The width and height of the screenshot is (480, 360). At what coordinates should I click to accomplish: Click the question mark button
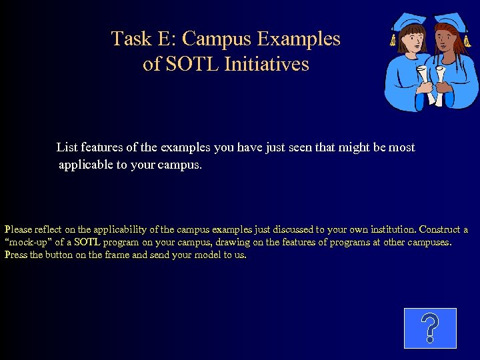[430, 328]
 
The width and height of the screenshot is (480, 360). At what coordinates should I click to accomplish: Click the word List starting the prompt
[67, 147]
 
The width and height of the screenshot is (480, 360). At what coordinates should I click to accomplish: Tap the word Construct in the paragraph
[440, 229]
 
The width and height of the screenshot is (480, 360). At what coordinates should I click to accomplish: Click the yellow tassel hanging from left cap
[393, 41]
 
